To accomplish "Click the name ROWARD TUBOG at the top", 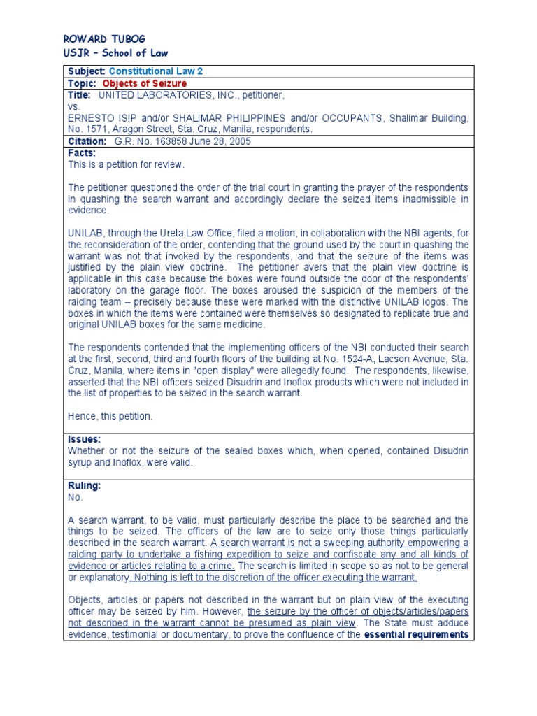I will point(104,38).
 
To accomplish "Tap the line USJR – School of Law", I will point(115,53).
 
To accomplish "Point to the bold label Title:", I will point(80,95).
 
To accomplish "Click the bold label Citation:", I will point(87,141).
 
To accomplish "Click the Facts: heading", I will point(82,152).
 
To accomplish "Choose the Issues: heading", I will point(85,439).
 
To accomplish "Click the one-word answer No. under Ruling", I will point(76,497).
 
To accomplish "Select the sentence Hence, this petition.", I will point(110,416).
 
